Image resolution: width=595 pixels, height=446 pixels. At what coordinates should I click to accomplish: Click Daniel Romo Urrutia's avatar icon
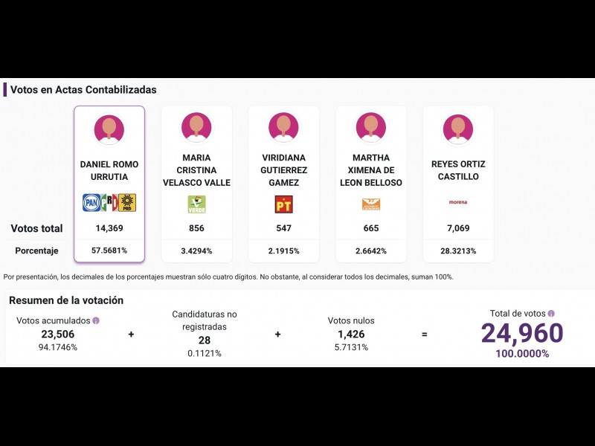pos(109,130)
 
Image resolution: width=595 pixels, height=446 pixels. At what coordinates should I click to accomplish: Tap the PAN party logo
pos(91,203)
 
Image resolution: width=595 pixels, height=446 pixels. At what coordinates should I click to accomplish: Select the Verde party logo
pos(196,204)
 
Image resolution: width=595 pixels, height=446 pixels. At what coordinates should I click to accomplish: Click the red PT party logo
pos(283,204)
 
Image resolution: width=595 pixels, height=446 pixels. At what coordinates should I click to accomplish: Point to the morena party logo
pos(458,202)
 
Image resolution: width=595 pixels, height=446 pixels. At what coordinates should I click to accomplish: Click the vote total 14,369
pos(109,228)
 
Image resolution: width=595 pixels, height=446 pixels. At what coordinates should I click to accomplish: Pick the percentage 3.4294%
pos(196,251)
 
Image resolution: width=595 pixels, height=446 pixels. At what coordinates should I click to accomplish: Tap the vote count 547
pos(283,228)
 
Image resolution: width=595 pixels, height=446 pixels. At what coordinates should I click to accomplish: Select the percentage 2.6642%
pos(371,251)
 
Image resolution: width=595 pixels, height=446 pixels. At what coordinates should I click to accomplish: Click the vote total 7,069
pos(458,228)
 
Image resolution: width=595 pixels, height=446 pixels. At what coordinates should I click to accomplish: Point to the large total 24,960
pos(522,334)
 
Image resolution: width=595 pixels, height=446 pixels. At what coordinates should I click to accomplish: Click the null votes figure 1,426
pos(351,334)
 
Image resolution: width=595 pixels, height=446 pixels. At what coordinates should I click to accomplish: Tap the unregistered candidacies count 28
pos(205,340)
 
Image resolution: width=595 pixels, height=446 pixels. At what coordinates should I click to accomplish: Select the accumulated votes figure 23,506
pos(58,334)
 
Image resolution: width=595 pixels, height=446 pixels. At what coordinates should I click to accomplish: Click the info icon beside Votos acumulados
pos(96,320)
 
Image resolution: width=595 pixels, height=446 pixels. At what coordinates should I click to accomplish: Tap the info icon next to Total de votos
pos(551,314)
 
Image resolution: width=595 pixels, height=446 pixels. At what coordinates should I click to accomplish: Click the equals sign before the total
pos(425,334)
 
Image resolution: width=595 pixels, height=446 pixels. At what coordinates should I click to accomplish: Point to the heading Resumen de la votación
pos(66,300)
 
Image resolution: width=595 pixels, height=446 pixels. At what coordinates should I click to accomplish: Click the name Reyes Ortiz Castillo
pos(458,170)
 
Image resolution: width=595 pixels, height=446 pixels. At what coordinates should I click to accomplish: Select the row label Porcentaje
pos(36,251)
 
